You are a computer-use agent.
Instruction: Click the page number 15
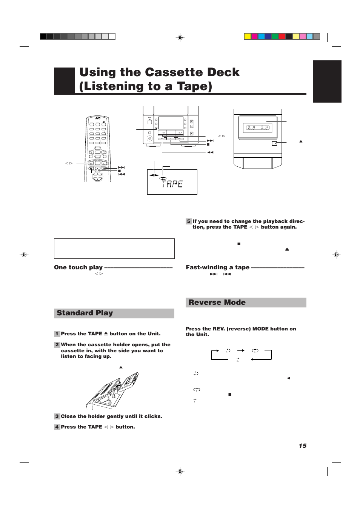click(x=302, y=445)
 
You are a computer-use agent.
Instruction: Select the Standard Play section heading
click(x=85, y=313)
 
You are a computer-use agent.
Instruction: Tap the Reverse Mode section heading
click(x=217, y=303)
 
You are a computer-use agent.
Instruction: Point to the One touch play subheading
click(x=78, y=267)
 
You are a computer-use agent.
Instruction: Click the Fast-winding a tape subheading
click(x=217, y=267)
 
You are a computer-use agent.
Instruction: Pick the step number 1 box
click(x=57, y=334)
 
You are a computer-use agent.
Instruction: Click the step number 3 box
click(x=57, y=416)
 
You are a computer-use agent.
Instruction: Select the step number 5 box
click(x=189, y=221)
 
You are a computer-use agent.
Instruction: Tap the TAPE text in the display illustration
click(x=172, y=184)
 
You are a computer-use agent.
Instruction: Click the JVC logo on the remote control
click(x=98, y=118)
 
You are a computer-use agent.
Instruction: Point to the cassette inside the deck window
click(x=258, y=127)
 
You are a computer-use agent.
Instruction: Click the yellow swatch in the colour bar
click(x=248, y=37)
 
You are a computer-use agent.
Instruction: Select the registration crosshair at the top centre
click(x=180, y=38)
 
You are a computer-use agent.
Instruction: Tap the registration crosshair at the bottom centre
click(x=180, y=472)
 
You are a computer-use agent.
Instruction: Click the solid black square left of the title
click(x=65, y=80)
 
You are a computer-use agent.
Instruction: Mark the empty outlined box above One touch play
click(x=114, y=249)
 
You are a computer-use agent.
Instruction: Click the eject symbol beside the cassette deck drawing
click(x=301, y=141)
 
